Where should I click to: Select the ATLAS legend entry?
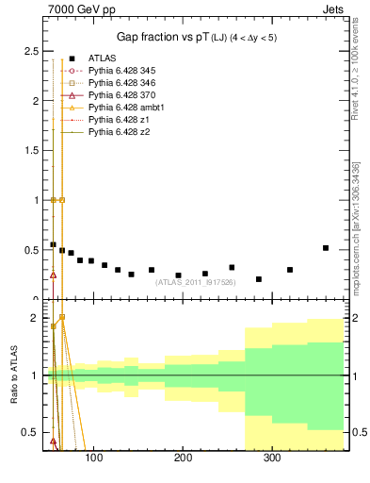pyautogui.click(x=102, y=58)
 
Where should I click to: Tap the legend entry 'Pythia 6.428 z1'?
pyautogui.click(x=116, y=120)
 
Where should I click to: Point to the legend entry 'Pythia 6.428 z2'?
pyautogui.click(x=116, y=132)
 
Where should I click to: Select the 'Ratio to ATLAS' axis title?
pyautogui.click(x=13, y=375)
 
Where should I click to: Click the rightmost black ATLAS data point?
pyautogui.click(x=326, y=248)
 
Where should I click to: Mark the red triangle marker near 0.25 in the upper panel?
pyautogui.click(x=53, y=275)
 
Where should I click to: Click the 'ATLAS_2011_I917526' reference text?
pyautogui.click(x=195, y=281)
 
